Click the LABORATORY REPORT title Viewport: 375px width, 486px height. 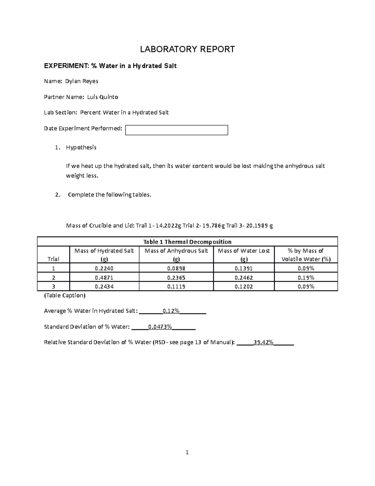(x=187, y=49)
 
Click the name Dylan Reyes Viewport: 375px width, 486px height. (x=82, y=81)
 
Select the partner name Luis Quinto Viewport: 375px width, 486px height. (x=102, y=97)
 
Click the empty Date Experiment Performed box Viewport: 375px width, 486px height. (x=176, y=130)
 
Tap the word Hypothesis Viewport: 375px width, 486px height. (x=81, y=147)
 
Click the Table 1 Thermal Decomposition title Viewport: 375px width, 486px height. (x=187, y=242)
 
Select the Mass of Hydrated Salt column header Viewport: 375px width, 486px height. (x=104, y=255)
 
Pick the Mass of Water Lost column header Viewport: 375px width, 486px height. (x=244, y=255)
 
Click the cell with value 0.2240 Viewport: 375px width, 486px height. (x=104, y=268)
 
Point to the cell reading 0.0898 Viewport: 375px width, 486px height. (x=176, y=268)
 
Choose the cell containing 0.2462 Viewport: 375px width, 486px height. (x=244, y=278)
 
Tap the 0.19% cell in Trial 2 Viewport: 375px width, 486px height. (x=306, y=278)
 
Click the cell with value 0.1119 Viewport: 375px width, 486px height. (x=176, y=286)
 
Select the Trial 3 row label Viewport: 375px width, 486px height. (x=53, y=286)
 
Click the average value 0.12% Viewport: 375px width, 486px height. (x=171, y=311)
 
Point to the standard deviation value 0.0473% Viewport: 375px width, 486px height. (x=160, y=327)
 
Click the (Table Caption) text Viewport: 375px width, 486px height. (x=65, y=295)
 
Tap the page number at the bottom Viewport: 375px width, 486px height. (x=187, y=452)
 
